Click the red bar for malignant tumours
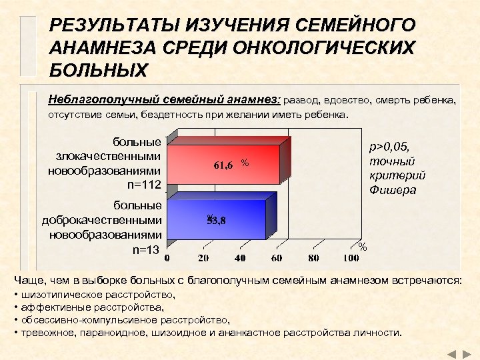pyautogui.click(x=227, y=164)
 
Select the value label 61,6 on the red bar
pyautogui.click(x=223, y=165)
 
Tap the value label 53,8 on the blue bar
pyautogui.click(x=216, y=221)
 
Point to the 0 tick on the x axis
pyautogui.click(x=167, y=258)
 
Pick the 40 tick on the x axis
pyautogui.click(x=239, y=258)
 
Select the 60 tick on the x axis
pyautogui.click(x=276, y=258)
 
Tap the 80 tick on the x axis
pyautogui.click(x=313, y=258)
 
